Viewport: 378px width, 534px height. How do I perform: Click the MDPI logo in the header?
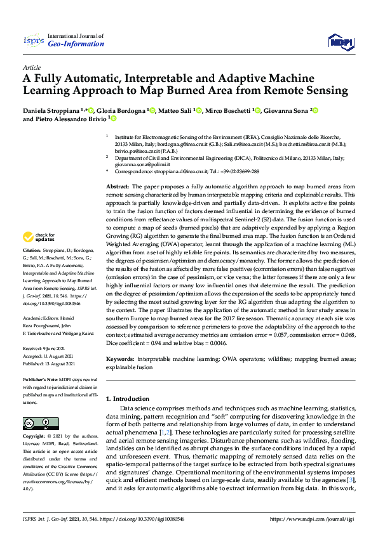point(340,42)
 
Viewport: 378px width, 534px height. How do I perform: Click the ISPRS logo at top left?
point(32,41)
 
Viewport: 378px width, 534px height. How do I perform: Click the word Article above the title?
point(32,67)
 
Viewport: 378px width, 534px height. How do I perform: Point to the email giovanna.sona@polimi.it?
point(143,163)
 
